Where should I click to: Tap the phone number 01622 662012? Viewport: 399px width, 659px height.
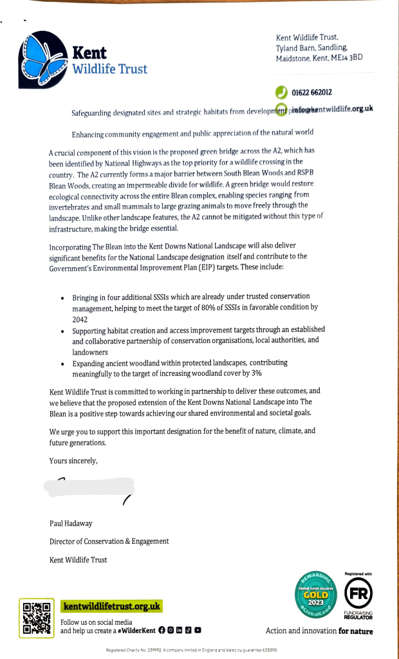tap(311, 93)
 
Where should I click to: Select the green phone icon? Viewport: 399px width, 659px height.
tap(281, 92)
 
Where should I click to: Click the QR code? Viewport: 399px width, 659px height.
tap(36, 617)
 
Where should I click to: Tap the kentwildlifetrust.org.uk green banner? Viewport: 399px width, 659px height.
tap(111, 606)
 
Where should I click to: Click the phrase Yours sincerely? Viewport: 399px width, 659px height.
tap(73, 460)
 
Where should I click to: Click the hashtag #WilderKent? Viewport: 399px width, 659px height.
tap(134, 631)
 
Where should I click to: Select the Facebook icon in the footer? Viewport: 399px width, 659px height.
tap(162, 631)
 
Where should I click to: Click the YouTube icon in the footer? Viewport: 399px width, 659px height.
tap(198, 631)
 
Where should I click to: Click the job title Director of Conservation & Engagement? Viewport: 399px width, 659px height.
tap(109, 541)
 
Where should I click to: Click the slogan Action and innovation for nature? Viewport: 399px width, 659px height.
tap(319, 631)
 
